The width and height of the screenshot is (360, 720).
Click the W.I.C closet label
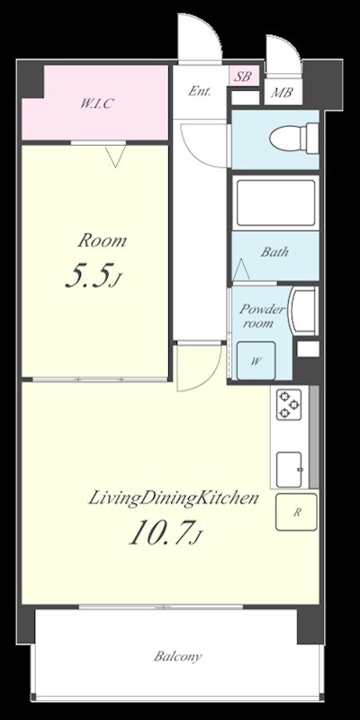tap(96, 103)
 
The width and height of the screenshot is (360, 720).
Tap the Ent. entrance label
tap(200, 92)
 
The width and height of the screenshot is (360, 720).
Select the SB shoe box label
tap(242, 76)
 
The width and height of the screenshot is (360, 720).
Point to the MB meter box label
tap(282, 93)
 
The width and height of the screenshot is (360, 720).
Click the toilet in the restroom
tap(294, 138)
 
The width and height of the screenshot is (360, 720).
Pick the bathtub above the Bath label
tap(276, 202)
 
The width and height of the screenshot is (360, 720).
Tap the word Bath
tap(274, 252)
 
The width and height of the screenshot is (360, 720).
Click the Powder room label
tap(261, 316)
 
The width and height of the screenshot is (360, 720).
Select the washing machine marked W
tap(256, 361)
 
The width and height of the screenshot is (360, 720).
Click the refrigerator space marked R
tap(297, 512)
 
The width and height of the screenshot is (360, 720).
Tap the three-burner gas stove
tap(289, 404)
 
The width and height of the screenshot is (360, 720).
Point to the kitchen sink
tap(290, 469)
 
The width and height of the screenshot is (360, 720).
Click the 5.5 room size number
tap(94, 275)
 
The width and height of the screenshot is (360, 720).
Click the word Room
tap(102, 240)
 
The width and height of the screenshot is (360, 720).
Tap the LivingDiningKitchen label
tap(173, 499)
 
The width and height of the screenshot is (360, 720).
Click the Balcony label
tap(177, 657)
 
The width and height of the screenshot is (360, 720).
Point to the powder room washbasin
tap(303, 311)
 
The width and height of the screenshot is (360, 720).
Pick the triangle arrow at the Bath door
tap(241, 269)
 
